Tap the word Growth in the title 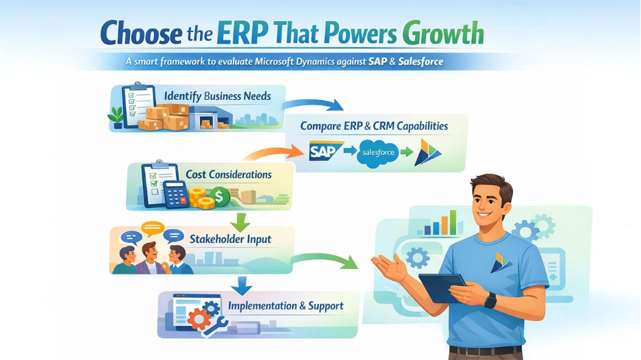(x=444, y=34)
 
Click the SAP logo (x=325, y=151)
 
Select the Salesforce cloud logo (x=378, y=152)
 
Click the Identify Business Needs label (x=217, y=97)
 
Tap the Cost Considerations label (x=229, y=175)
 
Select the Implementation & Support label (x=286, y=305)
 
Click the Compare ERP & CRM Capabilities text (x=374, y=126)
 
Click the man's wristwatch (x=490, y=300)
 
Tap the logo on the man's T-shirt (x=500, y=262)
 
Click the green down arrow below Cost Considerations (x=240, y=221)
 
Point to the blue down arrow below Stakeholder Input (x=242, y=283)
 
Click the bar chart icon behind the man (x=440, y=223)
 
